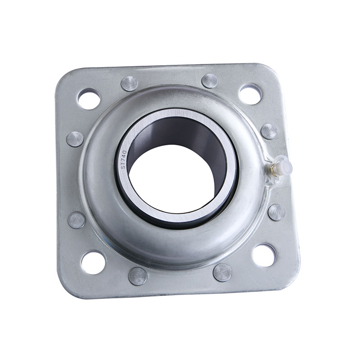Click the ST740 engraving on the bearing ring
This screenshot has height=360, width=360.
(x=124, y=160)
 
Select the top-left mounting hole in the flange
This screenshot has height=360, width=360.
(x=89, y=99)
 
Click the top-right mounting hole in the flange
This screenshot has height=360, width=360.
(x=250, y=94)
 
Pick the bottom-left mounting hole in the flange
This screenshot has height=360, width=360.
(x=93, y=262)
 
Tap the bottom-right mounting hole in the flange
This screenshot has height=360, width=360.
(x=264, y=255)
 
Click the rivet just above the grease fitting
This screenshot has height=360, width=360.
(x=269, y=131)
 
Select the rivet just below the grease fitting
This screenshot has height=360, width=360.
(x=276, y=212)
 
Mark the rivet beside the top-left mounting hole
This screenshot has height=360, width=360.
(x=130, y=83)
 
